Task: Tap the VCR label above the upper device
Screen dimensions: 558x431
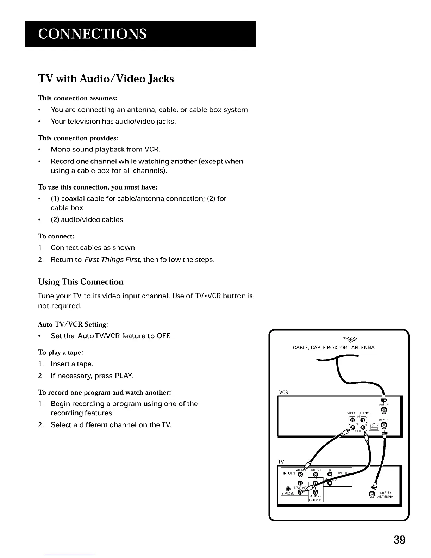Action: pos(283,392)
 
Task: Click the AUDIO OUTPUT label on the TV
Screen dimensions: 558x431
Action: pos(316,498)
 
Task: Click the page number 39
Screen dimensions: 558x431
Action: pos(399,540)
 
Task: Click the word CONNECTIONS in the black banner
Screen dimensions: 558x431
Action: pos(92,34)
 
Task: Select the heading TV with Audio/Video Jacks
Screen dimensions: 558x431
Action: pos(106,78)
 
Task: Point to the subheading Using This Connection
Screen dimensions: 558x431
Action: pos(81,282)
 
